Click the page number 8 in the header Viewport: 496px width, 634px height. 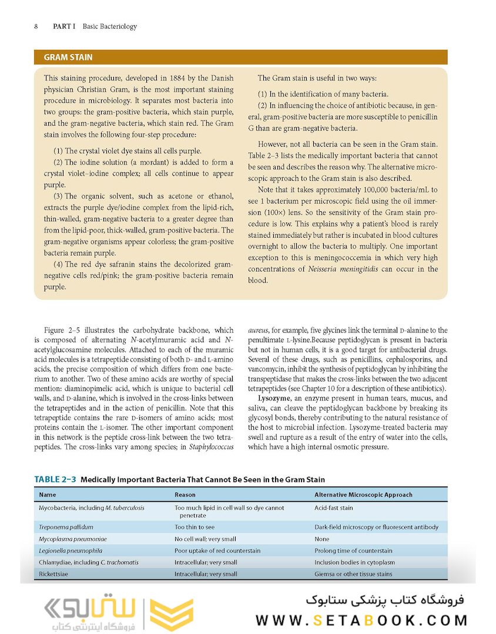[x=36, y=26]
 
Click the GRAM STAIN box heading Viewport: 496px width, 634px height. [x=68, y=58]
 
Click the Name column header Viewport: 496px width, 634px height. [x=48, y=495]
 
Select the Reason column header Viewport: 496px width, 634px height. [x=185, y=495]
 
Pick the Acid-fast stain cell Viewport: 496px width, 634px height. [x=334, y=508]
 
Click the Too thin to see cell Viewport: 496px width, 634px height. [x=195, y=527]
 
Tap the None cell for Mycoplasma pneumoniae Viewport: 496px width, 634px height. [x=322, y=539]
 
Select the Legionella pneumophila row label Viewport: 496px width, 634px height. [x=71, y=551]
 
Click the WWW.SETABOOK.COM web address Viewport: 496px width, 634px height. [x=361, y=620]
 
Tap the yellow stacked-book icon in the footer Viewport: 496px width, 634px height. [x=171, y=614]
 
